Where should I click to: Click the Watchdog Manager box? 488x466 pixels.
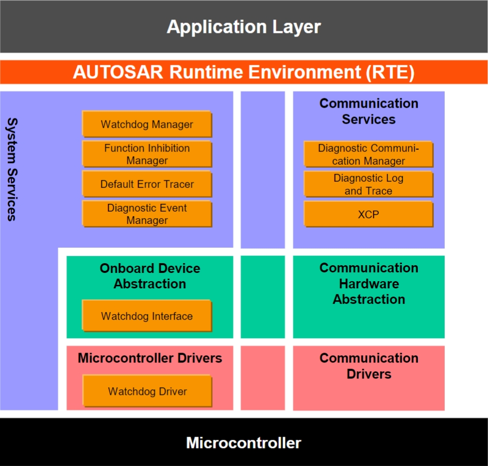(147, 124)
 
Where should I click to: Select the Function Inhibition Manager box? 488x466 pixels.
(147, 154)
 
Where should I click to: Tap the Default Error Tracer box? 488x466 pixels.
(147, 184)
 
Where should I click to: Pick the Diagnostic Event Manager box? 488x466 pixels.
(147, 214)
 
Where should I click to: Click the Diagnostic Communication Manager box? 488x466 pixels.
(368, 154)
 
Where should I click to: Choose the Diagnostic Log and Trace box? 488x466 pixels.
(368, 184)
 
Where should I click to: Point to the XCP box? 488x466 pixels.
(368, 214)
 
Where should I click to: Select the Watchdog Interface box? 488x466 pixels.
(147, 316)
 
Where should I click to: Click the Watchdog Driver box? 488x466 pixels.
(147, 391)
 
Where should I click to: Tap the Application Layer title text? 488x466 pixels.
(244, 27)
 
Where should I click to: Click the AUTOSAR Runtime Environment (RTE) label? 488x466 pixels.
(244, 72)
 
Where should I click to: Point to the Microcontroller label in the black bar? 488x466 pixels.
(244, 443)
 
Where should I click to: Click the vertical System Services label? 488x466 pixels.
(12, 169)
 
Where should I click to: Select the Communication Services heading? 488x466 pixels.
(369, 111)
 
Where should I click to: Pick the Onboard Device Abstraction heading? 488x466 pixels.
(150, 276)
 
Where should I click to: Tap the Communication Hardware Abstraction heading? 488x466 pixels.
(369, 283)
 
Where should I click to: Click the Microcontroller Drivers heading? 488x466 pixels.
(150, 358)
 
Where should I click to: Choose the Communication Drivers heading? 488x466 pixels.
(369, 366)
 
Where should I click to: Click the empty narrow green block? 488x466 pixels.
(263, 297)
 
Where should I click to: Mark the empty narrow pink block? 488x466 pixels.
(263, 378)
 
